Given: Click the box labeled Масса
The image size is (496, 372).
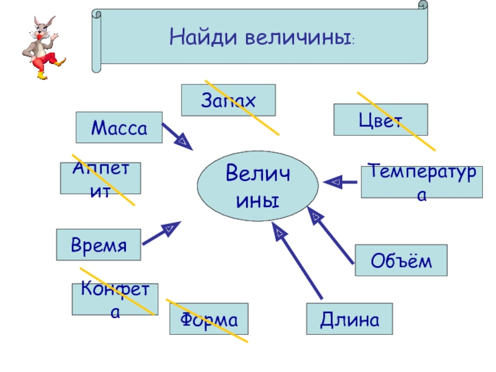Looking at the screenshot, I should click(118, 128).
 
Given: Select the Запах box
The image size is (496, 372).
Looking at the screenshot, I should click(228, 100).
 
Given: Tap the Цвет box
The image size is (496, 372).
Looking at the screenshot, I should click(380, 120).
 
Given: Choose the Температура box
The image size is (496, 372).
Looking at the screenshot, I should click(422, 182).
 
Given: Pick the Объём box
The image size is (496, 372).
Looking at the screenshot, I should click(401, 260).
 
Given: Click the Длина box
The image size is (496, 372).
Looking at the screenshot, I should click(350, 319).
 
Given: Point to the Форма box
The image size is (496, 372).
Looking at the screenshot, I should click(209, 319).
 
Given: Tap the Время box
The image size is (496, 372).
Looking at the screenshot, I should click(99, 244).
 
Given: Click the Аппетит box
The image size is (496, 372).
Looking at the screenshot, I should click(100, 179).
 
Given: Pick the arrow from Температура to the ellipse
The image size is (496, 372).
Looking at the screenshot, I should click(340, 182).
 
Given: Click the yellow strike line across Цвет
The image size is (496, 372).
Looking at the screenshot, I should click(397, 122).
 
